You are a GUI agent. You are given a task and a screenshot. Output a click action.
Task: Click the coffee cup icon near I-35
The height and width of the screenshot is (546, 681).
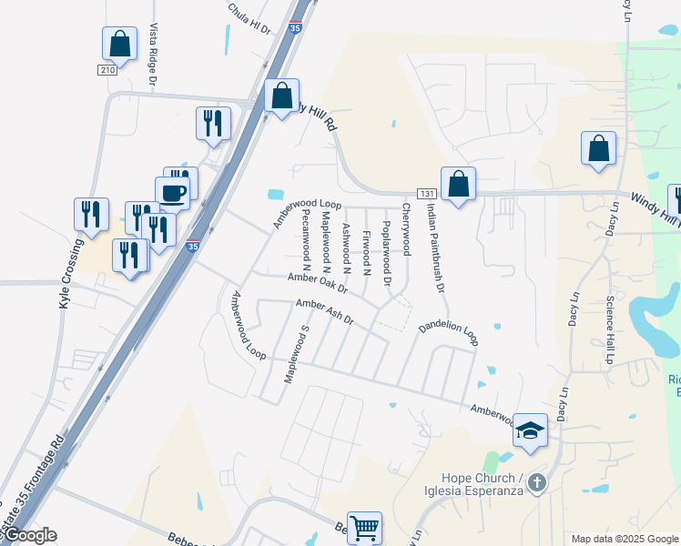click(173, 192)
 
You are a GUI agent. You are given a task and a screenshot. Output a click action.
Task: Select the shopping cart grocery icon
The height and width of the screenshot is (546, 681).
click(364, 526)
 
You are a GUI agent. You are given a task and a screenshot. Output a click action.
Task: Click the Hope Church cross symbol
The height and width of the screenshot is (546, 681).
click(537, 482)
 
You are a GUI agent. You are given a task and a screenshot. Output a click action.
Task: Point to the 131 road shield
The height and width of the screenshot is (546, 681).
click(426, 194)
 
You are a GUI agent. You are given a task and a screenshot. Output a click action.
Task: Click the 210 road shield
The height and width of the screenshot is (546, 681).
click(107, 70)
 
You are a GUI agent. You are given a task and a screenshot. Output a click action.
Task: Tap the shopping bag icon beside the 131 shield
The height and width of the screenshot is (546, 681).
click(458, 184)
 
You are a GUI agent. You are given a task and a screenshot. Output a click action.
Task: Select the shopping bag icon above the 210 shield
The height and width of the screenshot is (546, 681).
click(119, 43)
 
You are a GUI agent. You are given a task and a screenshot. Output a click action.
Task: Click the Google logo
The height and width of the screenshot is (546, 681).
click(29, 536)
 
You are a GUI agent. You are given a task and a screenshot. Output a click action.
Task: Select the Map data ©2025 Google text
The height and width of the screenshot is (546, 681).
click(624, 539)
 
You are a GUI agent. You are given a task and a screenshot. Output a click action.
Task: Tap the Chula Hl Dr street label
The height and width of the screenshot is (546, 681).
click(249, 17)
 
